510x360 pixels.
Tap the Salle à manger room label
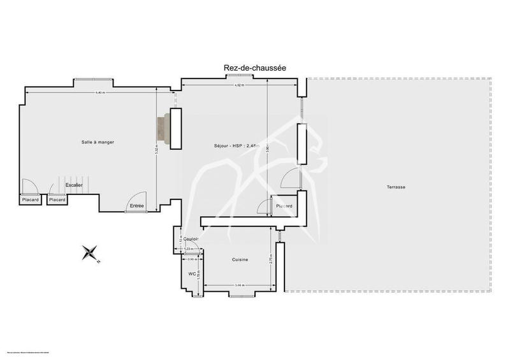(97, 141)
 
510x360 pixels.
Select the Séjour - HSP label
(237, 147)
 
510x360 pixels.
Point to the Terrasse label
(396, 187)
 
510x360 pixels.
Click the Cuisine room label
(239, 259)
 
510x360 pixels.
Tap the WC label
(191, 274)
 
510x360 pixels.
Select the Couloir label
(192, 239)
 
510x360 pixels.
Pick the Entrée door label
(136, 205)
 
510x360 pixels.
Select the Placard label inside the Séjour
(285, 206)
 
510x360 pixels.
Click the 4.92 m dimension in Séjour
(238, 85)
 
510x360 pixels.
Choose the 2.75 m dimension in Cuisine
(272, 260)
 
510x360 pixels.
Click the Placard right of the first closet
(57, 200)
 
